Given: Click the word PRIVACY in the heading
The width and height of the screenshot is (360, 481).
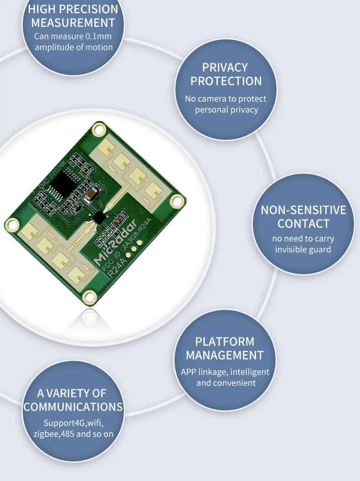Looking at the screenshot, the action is click(x=225, y=67).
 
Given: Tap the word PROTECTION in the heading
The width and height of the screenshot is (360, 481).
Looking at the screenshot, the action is click(x=226, y=82).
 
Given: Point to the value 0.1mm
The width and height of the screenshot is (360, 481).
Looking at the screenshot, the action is click(x=99, y=36).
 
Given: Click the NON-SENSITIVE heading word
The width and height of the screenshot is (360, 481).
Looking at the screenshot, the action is click(x=303, y=210).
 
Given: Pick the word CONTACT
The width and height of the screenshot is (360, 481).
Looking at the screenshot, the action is click(x=303, y=224).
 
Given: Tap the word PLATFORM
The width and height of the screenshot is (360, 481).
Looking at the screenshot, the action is click(x=225, y=342).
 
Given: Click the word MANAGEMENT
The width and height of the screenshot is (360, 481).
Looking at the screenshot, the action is click(x=225, y=355).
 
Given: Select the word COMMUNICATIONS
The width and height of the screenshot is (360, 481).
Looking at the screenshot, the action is click(x=73, y=407).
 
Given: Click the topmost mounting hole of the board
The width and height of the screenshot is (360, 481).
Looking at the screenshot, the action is click(x=98, y=130).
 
